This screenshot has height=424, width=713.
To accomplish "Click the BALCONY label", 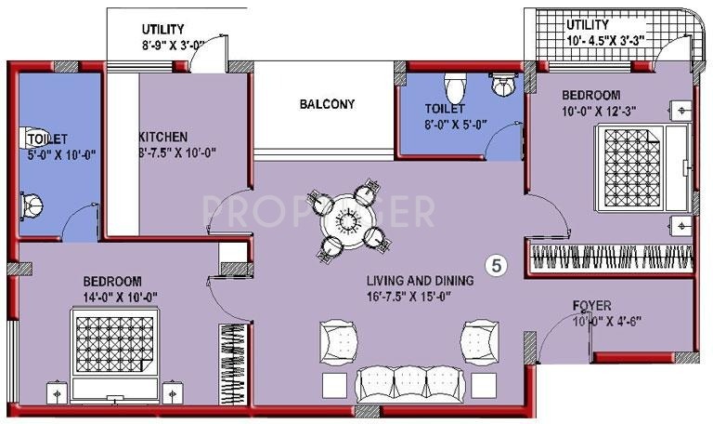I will click(x=326, y=104).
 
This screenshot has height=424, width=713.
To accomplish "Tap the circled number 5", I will click(x=498, y=265).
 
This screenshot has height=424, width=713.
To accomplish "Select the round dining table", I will click(x=348, y=221).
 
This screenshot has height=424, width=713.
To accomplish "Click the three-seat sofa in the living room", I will click(x=396, y=381).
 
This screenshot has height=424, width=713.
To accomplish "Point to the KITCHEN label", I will click(x=163, y=136).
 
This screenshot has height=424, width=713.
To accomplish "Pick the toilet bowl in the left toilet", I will click(x=32, y=202).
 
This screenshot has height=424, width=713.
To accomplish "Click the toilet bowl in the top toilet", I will click(x=456, y=88).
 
